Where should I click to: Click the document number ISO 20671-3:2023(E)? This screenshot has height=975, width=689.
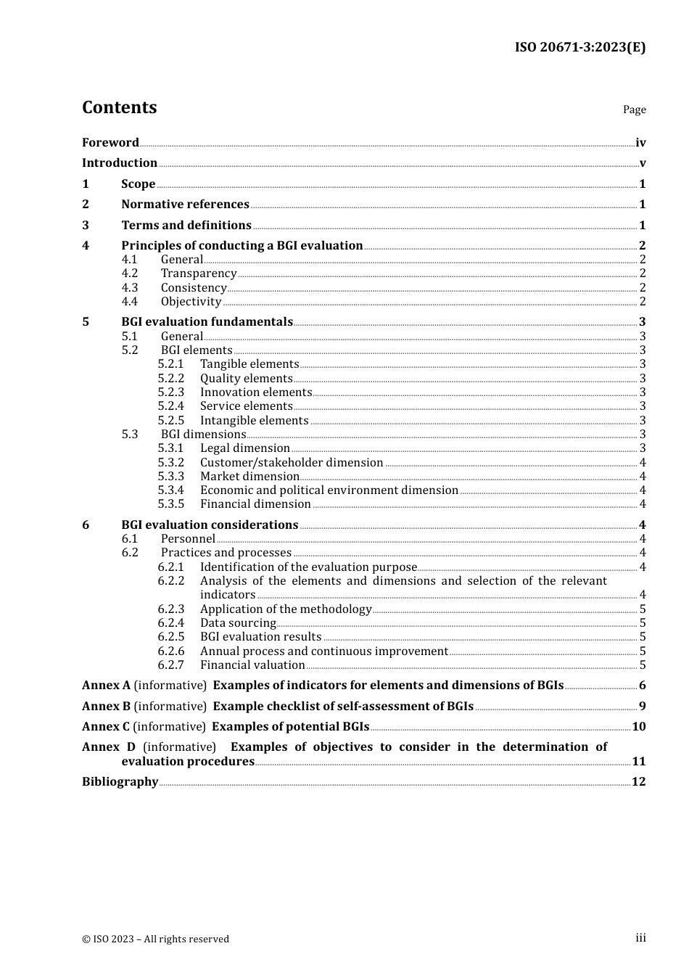(579, 48)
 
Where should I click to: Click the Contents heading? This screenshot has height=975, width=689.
(119, 107)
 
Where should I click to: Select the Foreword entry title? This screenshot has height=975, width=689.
(110, 143)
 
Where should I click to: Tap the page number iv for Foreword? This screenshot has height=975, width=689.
(640, 143)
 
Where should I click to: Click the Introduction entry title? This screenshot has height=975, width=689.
(120, 163)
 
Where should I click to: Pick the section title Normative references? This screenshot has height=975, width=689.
(185, 205)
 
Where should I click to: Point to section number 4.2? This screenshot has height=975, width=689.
(129, 273)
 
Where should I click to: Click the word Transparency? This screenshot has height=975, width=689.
(199, 273)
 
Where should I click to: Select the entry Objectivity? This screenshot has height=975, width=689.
(191, 302)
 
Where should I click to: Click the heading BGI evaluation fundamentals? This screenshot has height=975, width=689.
(207, 322)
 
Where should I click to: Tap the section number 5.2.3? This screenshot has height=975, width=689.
(170, 392)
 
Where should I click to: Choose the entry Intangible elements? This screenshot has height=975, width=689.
(254, 421)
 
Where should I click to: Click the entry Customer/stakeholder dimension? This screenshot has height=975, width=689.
(292, 463)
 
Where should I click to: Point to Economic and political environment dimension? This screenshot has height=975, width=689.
(329, 490)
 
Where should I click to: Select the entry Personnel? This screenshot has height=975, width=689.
(188, 539)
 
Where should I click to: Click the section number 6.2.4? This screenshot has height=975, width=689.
(170, 623)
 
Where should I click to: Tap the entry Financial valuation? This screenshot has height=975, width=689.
(252, 665)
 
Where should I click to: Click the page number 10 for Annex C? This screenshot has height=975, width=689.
(638, 727)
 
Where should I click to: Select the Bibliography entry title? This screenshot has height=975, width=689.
(120, 782)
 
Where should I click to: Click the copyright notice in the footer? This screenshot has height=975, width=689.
(155, 939)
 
